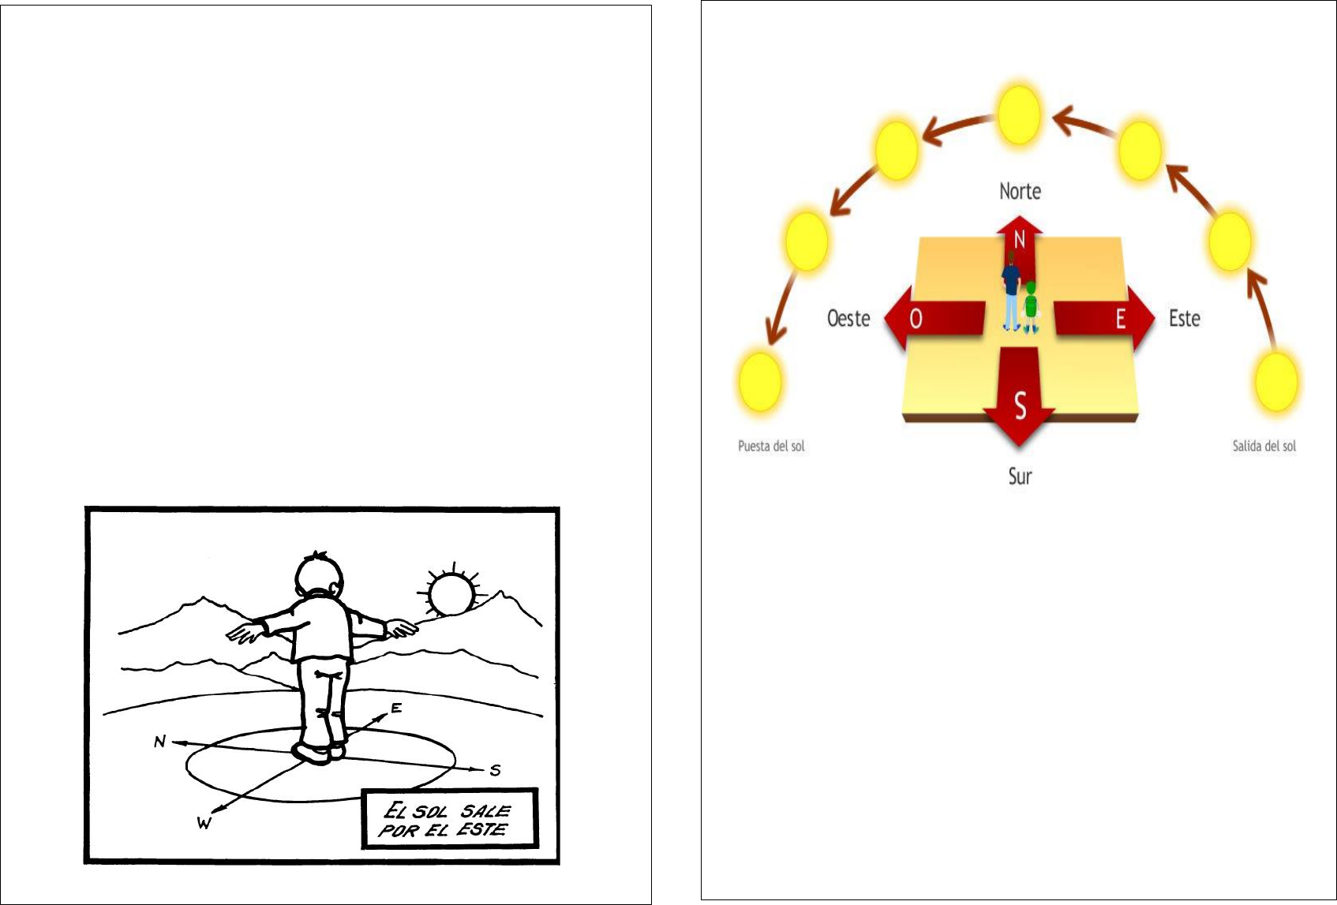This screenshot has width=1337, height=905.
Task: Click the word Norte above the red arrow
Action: click(x=1020, y=191)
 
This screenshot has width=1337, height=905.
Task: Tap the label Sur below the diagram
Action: click(x=1020, y=476)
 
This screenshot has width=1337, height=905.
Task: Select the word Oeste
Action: click(x=848, y=319)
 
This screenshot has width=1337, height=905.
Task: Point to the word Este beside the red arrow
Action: click(x=1184, y=319)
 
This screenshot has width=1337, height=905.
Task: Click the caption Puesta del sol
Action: click(x=771, y=446)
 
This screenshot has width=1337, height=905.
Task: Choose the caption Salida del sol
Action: click(x=1264, y=446)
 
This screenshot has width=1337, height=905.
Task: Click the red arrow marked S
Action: click(x=1020, y=396)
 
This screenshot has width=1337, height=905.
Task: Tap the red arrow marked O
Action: click(x=934, y=318)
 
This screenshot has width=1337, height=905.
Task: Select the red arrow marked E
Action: click(x=1104, y=318)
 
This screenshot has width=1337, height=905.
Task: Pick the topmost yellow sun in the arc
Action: click(x=1019, y=115)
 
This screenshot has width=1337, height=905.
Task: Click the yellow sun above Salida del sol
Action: click(x=1277, y=382)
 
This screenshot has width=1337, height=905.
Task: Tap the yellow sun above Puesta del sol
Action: click(x=760, y=382)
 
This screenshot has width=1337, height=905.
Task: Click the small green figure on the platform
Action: click(x=1031, y=307)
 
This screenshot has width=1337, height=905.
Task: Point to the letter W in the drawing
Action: click(x=204, y=823)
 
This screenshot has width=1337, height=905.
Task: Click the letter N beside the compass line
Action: click(x=159, y=742)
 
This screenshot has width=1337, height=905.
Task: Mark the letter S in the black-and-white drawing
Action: click(x=495, y=770)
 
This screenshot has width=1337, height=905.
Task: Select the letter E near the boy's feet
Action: click(x=396, y=708)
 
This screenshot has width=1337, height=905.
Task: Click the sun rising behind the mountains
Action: click(x=451, y=593)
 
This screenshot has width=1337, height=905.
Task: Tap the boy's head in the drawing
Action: click(x=320, y=576)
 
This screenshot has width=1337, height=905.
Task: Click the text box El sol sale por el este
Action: click(x=450, y=818)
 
